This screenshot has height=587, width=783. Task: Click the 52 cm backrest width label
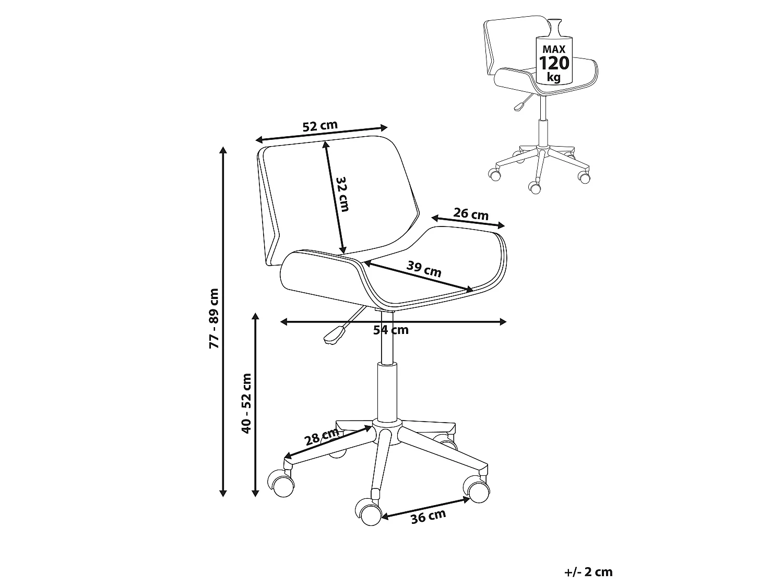320,126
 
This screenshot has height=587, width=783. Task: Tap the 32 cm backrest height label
342,194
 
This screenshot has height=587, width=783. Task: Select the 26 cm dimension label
471,214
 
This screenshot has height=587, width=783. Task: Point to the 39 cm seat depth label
424,269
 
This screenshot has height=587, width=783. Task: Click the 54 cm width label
391,330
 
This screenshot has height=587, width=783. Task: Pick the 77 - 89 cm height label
214,319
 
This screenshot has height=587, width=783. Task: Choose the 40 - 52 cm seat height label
246,403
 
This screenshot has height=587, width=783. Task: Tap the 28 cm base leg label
322,437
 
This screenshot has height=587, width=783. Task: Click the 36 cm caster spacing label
429,517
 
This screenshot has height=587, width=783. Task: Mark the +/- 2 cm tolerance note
589,572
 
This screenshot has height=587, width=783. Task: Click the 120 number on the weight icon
554,64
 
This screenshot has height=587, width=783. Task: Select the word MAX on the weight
554,49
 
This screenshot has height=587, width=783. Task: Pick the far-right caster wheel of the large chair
477,489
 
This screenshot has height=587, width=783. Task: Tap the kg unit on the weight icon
554,77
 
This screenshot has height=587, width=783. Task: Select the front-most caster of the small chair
535,188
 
